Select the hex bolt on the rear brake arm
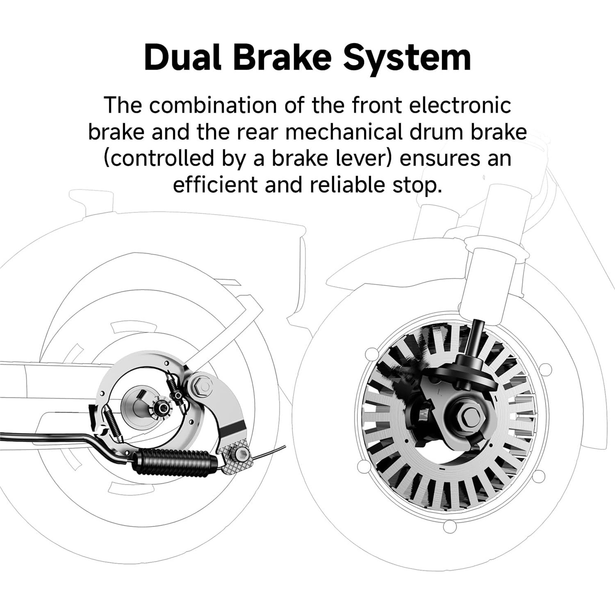click(201, 384)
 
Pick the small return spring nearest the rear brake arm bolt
click(175, 388)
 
